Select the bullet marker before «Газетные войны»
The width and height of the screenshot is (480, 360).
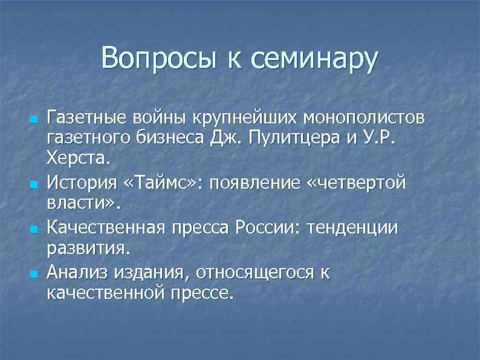pos(33,116)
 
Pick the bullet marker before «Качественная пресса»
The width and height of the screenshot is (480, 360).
pos(33,229)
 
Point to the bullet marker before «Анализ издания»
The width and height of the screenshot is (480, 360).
pos(33,274)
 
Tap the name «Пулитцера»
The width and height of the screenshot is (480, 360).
pos(299,137)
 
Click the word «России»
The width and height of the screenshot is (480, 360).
pos(270,228)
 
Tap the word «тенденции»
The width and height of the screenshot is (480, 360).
pos(352,228)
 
